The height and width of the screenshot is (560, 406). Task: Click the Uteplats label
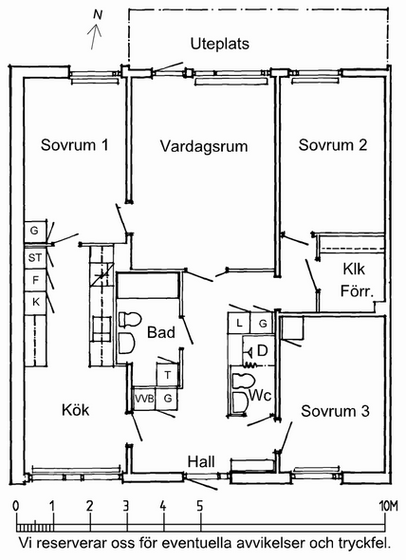(x=220, y=44)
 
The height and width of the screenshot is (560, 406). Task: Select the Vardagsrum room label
(x=204, y=146)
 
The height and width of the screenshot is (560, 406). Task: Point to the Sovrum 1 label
(x=74, y=145)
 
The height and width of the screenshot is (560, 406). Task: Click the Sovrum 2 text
(x=333, y=145)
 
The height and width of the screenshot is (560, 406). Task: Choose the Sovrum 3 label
(x=335, y=411)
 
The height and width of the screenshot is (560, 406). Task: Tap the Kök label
(x=75, y=410)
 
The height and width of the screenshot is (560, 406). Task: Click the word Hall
(x=201, y=462)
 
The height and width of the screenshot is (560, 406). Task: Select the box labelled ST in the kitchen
(x=35, y=257)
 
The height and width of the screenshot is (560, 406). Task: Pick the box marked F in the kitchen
(x=35, y=280)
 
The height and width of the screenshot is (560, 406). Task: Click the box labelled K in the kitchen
(x=35, y=303)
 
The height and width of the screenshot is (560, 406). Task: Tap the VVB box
(x=144, y=399)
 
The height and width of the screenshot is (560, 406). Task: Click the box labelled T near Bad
(x=168, y=375)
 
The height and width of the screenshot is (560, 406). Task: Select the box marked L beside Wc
(x=239, y=324)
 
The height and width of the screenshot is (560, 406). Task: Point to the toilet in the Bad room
(x=129, y=320)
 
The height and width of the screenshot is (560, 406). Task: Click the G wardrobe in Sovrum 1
(x=35, y=231)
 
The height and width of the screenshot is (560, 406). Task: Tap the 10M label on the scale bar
(x=388, y=506)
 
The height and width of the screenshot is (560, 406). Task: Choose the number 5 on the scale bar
(x=199, y=506)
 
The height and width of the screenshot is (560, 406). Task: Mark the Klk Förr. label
(x=357, y=280)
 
